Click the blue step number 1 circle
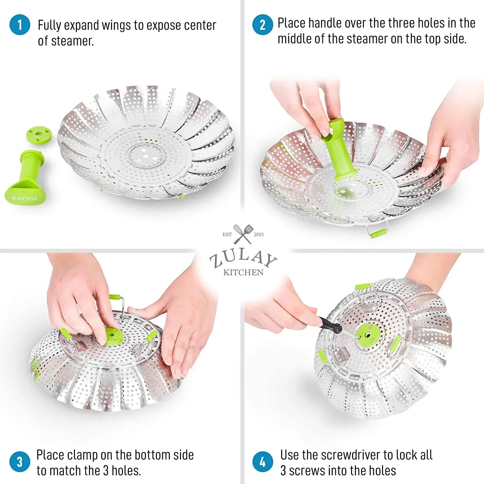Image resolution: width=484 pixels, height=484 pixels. coord(20,25)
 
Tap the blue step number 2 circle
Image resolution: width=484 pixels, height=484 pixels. coord(263,25)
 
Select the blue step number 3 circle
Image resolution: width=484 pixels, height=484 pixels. coord(20,461)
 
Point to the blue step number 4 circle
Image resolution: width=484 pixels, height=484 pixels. coord(263,461)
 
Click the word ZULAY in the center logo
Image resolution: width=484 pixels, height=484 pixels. coord(243,258)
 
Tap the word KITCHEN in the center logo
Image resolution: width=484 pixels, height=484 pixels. coord(243,272)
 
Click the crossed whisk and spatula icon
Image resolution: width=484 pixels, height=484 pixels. coord(243,234)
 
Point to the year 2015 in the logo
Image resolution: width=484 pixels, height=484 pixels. coord(259,235)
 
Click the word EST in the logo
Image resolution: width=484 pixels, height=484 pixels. coord(227,235)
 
